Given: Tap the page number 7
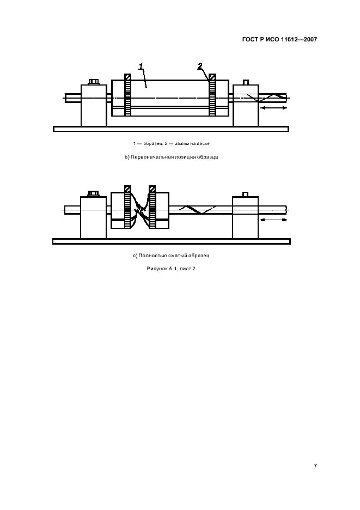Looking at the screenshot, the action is (x=315, y=466).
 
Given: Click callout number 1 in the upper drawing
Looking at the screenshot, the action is (x=141, y=66).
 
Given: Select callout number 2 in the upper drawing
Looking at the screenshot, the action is (x=200, y=66).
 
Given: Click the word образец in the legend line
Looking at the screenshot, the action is (x=151, y=143).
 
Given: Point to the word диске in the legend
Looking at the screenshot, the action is (x=203, y=143).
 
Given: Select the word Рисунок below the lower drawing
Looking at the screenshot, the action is (x=157, y=269).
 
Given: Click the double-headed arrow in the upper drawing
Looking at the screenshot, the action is (x=274, y=108).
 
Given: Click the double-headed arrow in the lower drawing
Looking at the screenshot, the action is (x=273, y=220).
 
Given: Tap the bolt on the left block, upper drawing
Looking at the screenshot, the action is (x=94, y=81).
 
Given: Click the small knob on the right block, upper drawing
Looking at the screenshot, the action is (x=246, y=82).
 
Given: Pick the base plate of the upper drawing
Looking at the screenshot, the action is (x=171, y=129).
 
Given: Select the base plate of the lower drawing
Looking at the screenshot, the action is (x=172, y=241).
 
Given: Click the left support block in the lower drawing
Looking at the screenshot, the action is (x=93, y=217).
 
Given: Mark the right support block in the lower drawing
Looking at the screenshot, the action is (x=245, y=217).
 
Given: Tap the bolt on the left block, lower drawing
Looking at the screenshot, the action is (x=93, y=194).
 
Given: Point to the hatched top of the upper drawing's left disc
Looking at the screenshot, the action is (x=128, y=77).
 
